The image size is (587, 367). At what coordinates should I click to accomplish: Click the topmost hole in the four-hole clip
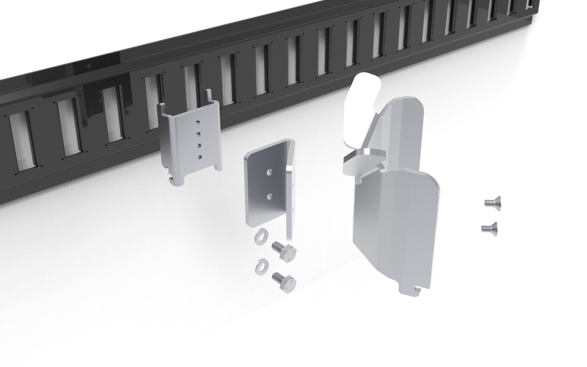coord(197,123)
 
